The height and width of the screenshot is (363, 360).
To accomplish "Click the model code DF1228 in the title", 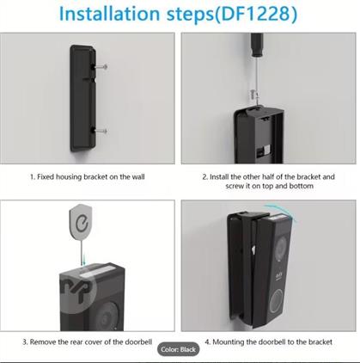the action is (255, 14).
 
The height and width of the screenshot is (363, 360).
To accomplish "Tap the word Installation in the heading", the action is (109, 14).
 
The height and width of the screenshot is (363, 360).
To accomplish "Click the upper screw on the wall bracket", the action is (101, 67).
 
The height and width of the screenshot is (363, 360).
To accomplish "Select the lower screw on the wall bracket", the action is (101, 131).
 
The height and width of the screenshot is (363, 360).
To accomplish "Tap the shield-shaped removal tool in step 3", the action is (81, 221).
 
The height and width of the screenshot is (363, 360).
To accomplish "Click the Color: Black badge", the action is (178, 349).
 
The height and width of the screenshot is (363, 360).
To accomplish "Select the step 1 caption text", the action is (88, 176).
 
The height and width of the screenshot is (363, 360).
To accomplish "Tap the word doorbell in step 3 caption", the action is (138, 341).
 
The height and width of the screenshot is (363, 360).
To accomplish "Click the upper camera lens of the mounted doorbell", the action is (281, 246).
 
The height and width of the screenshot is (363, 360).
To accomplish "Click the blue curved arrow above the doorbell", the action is (281, 212).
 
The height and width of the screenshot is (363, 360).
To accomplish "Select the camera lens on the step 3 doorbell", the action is (107, 317).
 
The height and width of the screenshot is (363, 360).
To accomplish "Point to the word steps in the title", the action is (190, 15).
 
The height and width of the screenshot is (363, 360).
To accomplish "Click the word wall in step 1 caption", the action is (137, 176).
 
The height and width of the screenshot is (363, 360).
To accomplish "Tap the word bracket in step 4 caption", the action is (320, 341).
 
